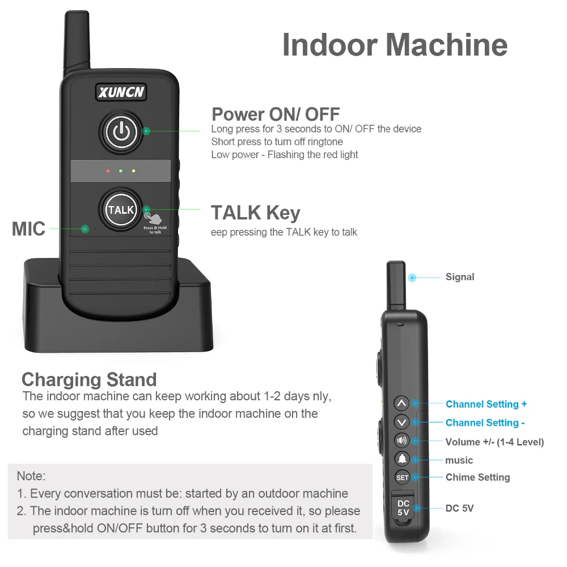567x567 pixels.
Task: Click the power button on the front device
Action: click(121, 132)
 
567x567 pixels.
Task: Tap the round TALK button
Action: click(121, 210)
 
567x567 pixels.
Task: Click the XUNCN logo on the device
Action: click(120, 92)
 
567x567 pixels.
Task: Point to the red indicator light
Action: click(108, 171)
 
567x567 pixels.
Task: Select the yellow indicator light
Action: click(133, 171)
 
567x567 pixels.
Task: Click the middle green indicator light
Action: click(121, 171)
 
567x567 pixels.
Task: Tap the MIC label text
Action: click(28, 229)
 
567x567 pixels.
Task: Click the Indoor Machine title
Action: click(395, 45)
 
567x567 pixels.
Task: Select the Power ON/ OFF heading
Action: click(276, 114)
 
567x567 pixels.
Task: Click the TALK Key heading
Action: click(256, 213)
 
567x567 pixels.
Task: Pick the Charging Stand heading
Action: click(89, 379)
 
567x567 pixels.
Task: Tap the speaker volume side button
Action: click(401, 441)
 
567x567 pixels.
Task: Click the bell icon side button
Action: click(401, 459)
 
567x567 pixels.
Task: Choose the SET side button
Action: click(402, 477)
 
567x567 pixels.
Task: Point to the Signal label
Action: click(460, 277)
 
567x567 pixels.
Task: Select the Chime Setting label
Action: click(477, 477)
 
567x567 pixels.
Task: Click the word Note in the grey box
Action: click(31, 476)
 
